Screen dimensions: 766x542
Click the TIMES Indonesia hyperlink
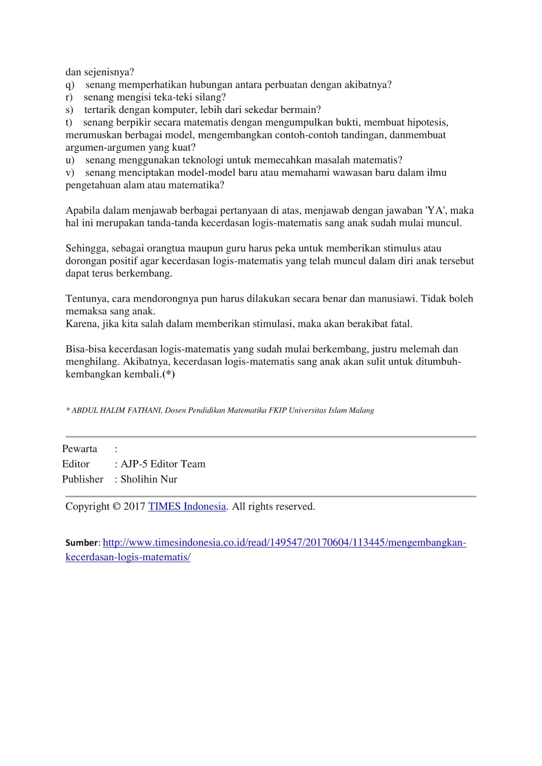[187, 507]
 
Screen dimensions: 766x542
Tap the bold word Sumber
[81, 543]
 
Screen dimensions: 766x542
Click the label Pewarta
[80, 449]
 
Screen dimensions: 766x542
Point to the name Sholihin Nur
[149, 479]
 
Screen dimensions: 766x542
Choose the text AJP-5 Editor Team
[163, 464]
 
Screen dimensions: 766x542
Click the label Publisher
[82, 479]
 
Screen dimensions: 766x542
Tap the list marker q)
[70, 85]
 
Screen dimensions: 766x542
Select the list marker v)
[70, 172]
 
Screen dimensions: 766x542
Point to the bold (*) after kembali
[168, 374]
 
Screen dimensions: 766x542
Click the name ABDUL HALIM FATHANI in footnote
[116, 410]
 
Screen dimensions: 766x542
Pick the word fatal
[402, 324]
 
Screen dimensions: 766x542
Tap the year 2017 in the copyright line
[135, 507]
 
